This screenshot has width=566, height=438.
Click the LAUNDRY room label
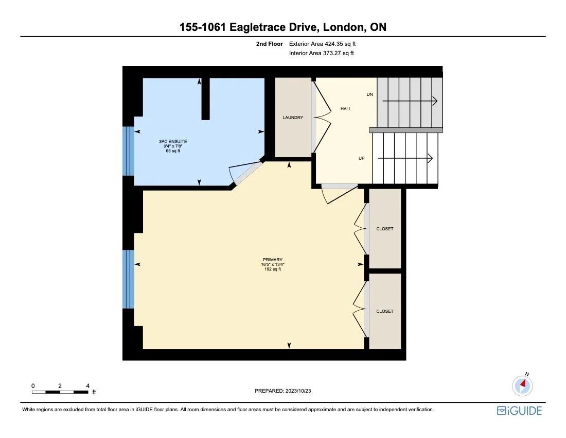293,117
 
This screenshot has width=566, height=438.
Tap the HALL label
346,109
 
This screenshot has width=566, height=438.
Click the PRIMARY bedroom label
273,260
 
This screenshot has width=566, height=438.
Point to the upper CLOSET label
385,229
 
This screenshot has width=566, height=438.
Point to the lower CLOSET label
385,311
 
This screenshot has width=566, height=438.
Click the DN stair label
369,94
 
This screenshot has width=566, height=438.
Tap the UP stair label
361,158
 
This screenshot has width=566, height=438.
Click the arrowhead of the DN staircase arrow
435,101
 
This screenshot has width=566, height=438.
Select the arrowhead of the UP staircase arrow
430,158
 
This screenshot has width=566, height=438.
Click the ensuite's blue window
128,151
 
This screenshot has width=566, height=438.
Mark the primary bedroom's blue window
128,279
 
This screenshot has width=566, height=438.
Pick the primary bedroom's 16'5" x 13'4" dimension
273,264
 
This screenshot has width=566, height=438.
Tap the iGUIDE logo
519,411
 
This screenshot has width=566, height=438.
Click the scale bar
60,392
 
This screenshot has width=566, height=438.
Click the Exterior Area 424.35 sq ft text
323,44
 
